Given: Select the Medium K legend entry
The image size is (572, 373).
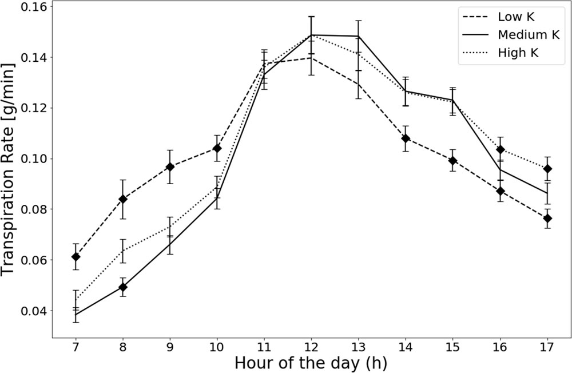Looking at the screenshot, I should pos(528,34).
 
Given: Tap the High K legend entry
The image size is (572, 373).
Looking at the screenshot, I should pos(519,53).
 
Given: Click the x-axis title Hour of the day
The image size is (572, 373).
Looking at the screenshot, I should pos(311,363).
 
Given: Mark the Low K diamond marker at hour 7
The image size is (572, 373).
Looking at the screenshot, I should pos(76,257).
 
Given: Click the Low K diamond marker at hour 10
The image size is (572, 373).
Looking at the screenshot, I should pos(217,148).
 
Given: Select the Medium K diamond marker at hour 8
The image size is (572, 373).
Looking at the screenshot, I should pos(123,287).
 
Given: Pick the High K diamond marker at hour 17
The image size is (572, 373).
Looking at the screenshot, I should pos(547,169).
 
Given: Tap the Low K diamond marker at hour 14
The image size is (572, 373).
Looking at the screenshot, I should pos(406,138).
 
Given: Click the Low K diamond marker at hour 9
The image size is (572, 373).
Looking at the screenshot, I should pos(170,166).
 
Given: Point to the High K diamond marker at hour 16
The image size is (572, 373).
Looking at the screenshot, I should pos(500,150).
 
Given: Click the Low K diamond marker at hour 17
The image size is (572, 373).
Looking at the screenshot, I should pos(547,219).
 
